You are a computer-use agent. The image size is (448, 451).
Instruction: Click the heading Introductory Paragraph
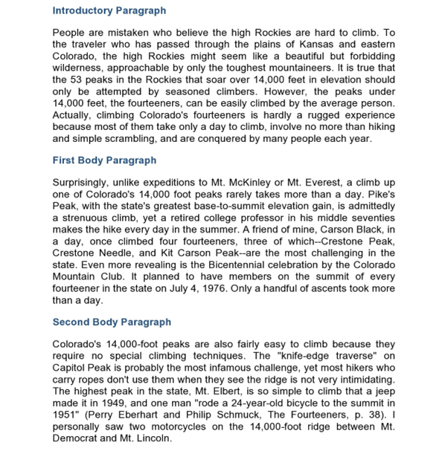[109, 11]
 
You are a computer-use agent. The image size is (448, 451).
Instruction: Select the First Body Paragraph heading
[104, 160]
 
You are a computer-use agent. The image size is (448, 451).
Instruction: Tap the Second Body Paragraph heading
[112, 322]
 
